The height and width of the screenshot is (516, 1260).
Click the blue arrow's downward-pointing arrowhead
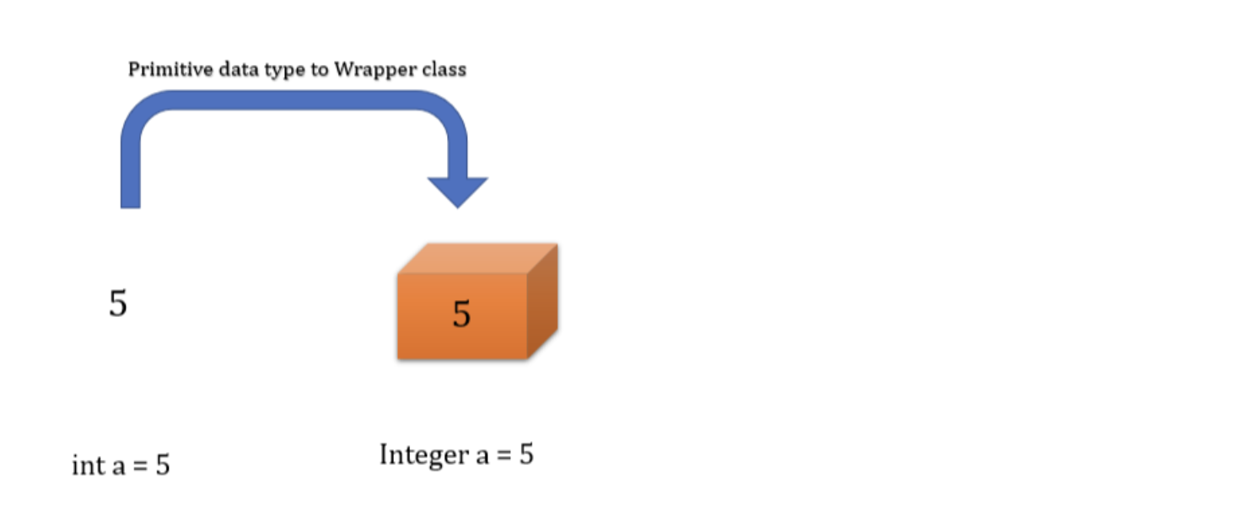click(x=457, y=191)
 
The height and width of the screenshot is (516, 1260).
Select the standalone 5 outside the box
click(x=118, y=304)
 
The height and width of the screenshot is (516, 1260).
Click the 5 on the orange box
click(x=461, y=314)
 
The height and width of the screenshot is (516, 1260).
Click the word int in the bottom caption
click(x=88, y=465)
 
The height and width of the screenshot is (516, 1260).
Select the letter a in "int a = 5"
click(x=118, y=466)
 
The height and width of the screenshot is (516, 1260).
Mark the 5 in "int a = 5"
click(x=162, y=465)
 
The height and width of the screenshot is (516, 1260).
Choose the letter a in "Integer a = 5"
click(x=482, y=456)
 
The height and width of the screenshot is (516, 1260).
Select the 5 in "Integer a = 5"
click(x=525, y=454)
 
